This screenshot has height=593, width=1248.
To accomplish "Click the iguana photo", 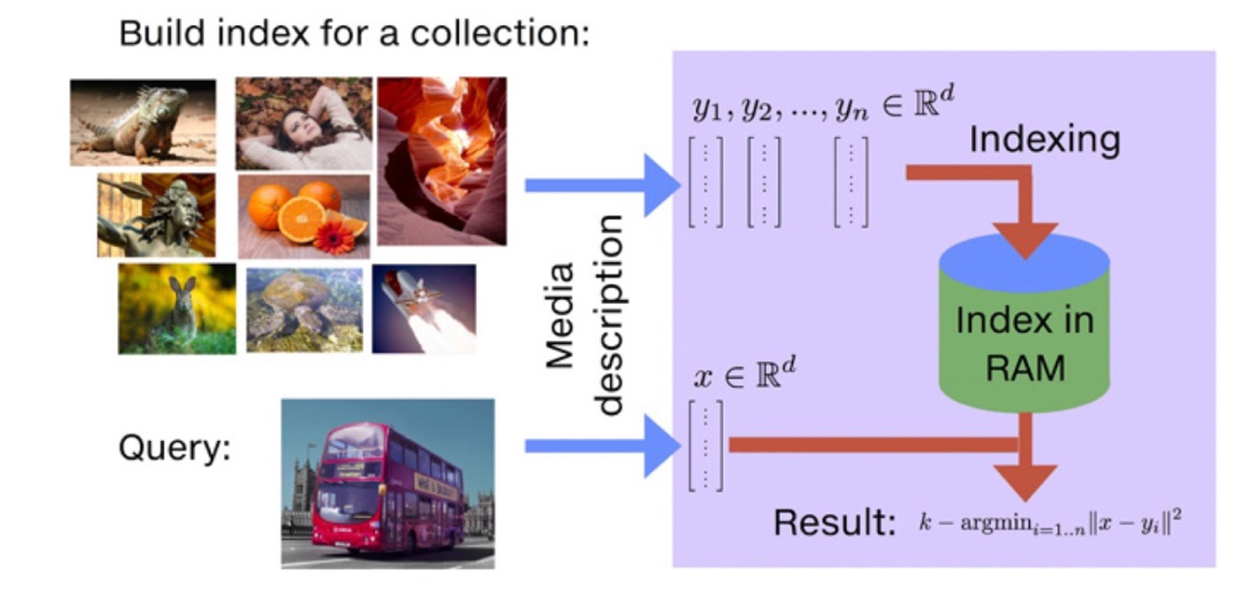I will (143, 122).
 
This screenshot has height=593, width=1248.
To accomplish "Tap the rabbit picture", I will (176, 308).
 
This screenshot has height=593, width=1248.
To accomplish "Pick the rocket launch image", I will (423, 308).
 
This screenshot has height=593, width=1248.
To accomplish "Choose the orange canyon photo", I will (441, 160).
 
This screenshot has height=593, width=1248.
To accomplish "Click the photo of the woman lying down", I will (304, 123).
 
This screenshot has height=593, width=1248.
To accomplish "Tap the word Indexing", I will (1044, 140).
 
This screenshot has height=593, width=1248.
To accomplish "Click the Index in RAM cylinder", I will (1023, 327).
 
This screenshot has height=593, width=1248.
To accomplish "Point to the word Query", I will (174, 448).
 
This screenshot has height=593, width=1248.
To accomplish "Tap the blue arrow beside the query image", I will (600, 445).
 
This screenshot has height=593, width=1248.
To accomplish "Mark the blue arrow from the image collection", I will (600, 185).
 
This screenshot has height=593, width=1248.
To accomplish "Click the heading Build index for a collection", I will (354, 34).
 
